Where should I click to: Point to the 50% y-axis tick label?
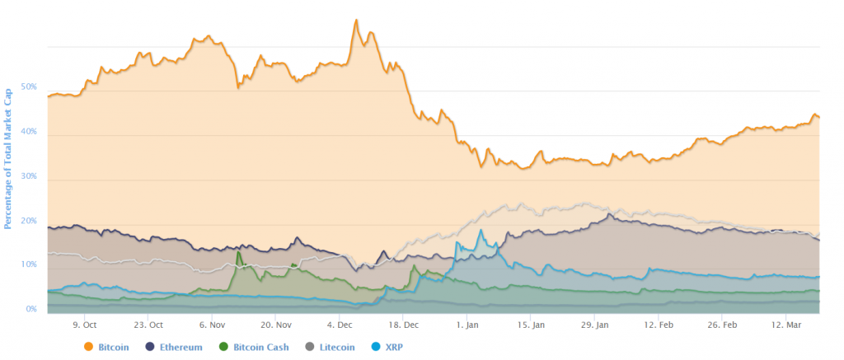pyautogui.click(x=29, y=86)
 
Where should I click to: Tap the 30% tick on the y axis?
pyautogui.click(x=29, y=175)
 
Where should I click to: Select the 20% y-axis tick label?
pyautogui.click(x=29, y=220)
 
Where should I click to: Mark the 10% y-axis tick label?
pyautogui.click(x=29, y=264)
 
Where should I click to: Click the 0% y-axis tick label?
pyautogui.click(x=30, y=309)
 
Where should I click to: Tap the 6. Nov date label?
pyautogui.click(x=212, y=325)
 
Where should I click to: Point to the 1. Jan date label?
pyautogui.click(x=467, y=325)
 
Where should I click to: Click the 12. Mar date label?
pyautogui.click(x=786, y=325)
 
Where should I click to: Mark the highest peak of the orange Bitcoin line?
pyautogui.click(x=356, y=19)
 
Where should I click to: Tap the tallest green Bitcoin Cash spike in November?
pyautogui.click(x=238, y=252)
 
